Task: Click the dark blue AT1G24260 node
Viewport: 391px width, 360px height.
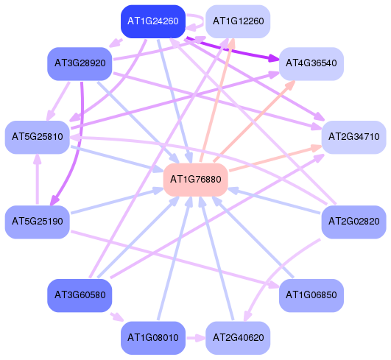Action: (153, 21)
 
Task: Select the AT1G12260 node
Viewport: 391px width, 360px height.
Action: (238, 21)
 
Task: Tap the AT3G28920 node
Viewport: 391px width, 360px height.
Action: (80, 63)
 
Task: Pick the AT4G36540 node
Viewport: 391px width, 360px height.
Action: (311, 63)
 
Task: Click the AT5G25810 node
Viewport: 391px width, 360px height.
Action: (38, 137)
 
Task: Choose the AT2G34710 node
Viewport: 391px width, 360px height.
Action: (354, 137)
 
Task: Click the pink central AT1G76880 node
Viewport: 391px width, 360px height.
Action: (196, 180)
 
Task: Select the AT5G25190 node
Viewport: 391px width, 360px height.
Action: (38, 222)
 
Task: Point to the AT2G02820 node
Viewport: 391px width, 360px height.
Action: (354, 222)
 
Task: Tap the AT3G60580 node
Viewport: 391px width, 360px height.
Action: (80, 295)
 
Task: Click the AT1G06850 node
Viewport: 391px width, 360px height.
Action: (311, 295)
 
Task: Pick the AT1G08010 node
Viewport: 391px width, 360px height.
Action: (153, 338)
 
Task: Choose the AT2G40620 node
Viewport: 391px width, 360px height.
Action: (238, 338)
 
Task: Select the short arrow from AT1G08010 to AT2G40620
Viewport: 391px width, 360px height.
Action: (196, 339)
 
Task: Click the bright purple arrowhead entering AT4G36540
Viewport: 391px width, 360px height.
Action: (273, 59)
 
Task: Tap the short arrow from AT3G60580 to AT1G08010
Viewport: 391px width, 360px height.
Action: (116, 317)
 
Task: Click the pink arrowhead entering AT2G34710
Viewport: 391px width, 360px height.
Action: (316, 148)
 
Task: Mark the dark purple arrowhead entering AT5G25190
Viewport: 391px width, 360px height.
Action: (54, 200)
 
